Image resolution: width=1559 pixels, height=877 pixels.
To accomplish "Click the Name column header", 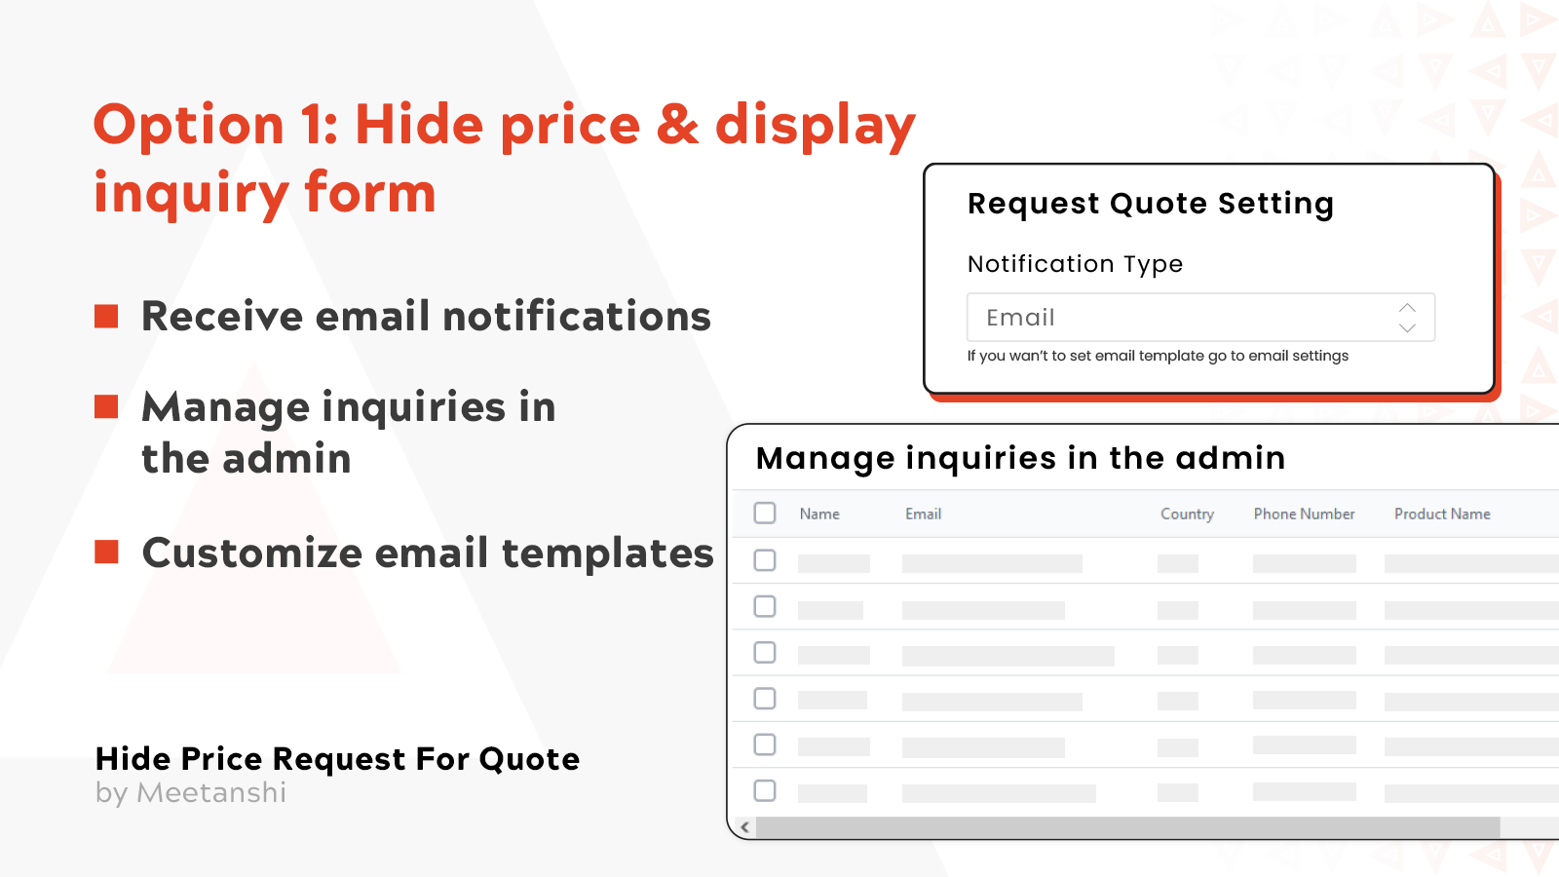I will (x=819, y=514).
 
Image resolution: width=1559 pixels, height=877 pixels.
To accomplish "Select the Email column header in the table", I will (x=923, y=514).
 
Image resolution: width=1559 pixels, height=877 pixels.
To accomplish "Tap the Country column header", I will (x=1187, y=514).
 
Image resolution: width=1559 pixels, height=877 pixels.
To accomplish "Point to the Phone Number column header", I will (x=1304, y=514).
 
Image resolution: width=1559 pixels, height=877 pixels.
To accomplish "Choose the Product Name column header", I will (x=1442, y=514).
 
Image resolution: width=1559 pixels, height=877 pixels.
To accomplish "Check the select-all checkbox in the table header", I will (x=765, y=513).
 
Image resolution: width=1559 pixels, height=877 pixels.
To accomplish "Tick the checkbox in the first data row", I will (x=765, y=560).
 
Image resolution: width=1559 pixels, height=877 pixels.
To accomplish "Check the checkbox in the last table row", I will (x=765, y=790).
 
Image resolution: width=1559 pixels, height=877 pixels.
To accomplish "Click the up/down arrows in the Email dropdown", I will (x=1407, y=318).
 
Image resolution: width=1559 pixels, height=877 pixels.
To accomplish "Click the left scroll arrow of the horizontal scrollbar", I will (x=745, y=827).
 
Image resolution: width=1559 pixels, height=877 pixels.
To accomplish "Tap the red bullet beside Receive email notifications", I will (x=106, y=316).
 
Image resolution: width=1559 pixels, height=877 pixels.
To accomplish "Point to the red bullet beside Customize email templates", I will (x=106, y=553).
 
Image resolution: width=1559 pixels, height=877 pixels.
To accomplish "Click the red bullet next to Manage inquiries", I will (x=106, y=406).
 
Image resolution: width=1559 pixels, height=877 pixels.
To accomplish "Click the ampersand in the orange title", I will (x=678, y=125).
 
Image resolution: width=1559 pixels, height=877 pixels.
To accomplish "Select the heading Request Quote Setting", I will (x=1150, y=204).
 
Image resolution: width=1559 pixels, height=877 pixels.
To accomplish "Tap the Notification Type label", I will (x=1075, y=264).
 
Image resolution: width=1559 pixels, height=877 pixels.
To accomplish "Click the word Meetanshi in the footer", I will (x=211, y=793).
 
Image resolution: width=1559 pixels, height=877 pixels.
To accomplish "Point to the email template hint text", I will (x=1158, y=356).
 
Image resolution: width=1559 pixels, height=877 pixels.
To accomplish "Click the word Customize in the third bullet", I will (x=252, y=553).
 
